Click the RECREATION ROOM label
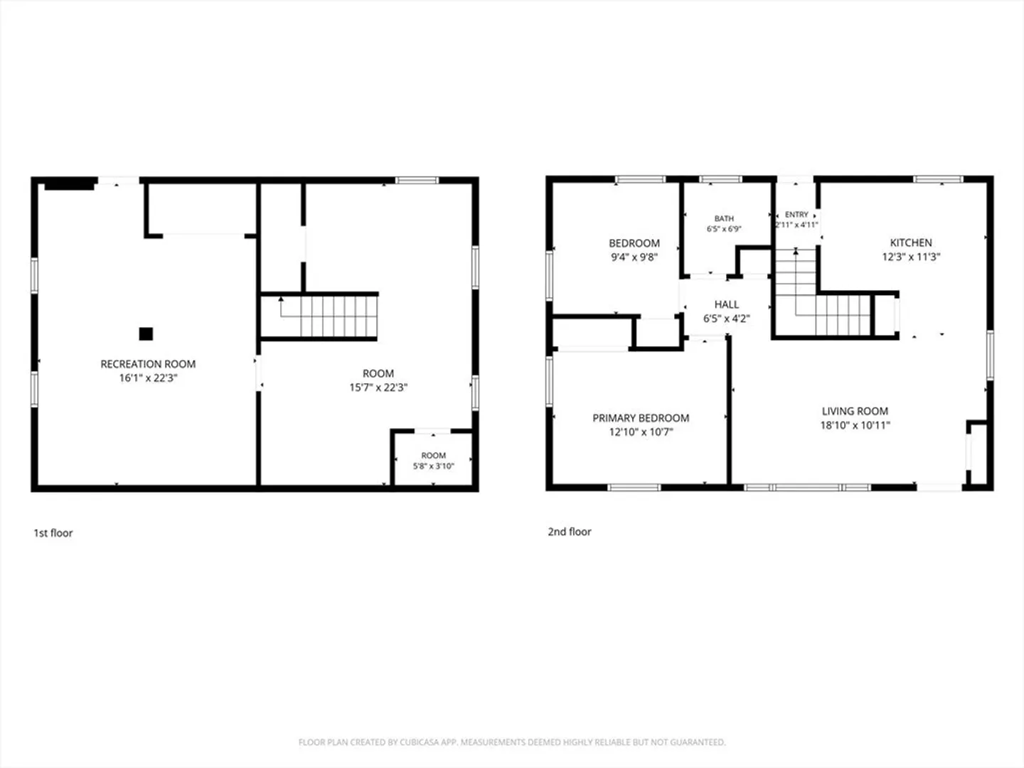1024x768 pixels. (x=148, y=363)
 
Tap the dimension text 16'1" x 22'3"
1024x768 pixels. (x=148, y=378)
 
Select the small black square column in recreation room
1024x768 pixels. (x=146, y=334)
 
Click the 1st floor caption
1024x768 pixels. (x=53, y=533)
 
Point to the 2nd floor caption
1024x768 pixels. (x=569, y=532)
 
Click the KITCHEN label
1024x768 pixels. (x=911, y=242)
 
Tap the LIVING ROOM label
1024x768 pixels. (x=855, y=411)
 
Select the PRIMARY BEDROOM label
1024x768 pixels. (x=641, y=418)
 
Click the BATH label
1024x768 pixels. (x=724, y=218)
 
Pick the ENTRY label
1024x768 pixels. (x=796, y=215)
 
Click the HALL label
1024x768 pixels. (x=726, y=304)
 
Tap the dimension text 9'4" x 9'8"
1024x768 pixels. (x=634, y=257)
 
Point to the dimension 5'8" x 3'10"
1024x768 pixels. (x=433, y=466)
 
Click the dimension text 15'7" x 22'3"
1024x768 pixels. (x=378, y=387)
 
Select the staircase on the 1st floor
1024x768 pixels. (x=319, y=316)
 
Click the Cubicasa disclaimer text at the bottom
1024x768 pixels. (x=512, y=742)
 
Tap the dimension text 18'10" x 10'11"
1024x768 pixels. (x=855, y=425)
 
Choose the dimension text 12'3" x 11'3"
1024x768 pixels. (x=911, y=257)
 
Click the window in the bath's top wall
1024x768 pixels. (x=720, y=179)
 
